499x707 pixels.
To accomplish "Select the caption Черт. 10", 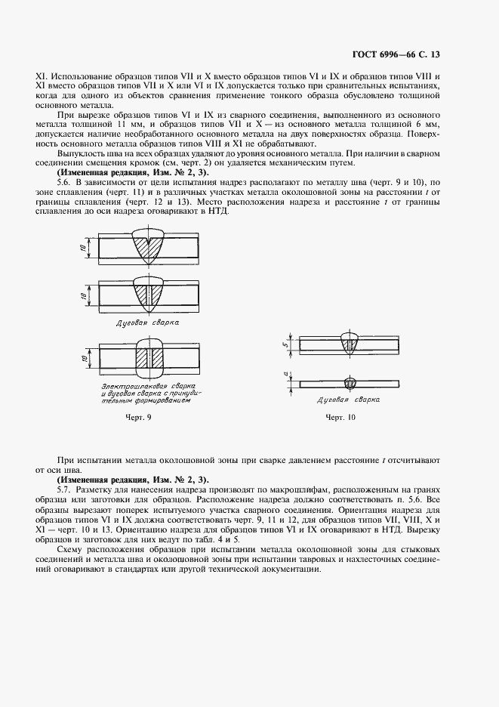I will click(x=340, y=418).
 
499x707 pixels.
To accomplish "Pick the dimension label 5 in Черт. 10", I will click(x=286, y=344).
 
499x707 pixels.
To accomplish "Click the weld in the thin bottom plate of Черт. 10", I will click(x=349, y=383).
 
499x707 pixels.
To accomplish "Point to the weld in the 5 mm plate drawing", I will click(x=349, y=344).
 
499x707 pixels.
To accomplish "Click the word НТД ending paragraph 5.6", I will click(x=215, y=211).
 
